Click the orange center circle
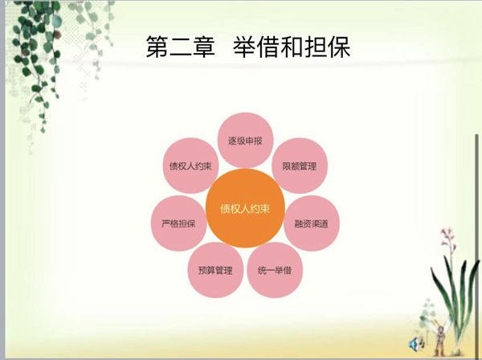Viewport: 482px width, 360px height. click(245, 208)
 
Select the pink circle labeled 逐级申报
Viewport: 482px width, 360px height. click(245, 141)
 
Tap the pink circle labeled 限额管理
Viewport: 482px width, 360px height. click(300, 166)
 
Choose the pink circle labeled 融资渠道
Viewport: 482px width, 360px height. click(312, 223)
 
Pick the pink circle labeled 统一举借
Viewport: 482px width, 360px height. click(275, 270)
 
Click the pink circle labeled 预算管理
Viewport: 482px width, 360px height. click(215, 270)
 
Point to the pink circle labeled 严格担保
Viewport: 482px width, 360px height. click(179, 223)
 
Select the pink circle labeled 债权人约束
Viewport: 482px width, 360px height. click(190, 166)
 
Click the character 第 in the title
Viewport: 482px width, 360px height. click(157, 47)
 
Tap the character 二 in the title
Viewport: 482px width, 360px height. click(181, 47)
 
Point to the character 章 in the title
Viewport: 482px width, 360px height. click(203, 47)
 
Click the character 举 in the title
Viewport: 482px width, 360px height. click(245, 47)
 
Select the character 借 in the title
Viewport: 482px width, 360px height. click(268, 47)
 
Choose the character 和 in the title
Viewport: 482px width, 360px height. click(292, 47)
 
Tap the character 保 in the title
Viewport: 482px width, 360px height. click(339, 47)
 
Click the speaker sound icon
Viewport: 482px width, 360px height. click(416, 343)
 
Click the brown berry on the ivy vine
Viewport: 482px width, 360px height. click(58, 34)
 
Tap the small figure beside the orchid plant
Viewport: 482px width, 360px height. click(440, 337)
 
